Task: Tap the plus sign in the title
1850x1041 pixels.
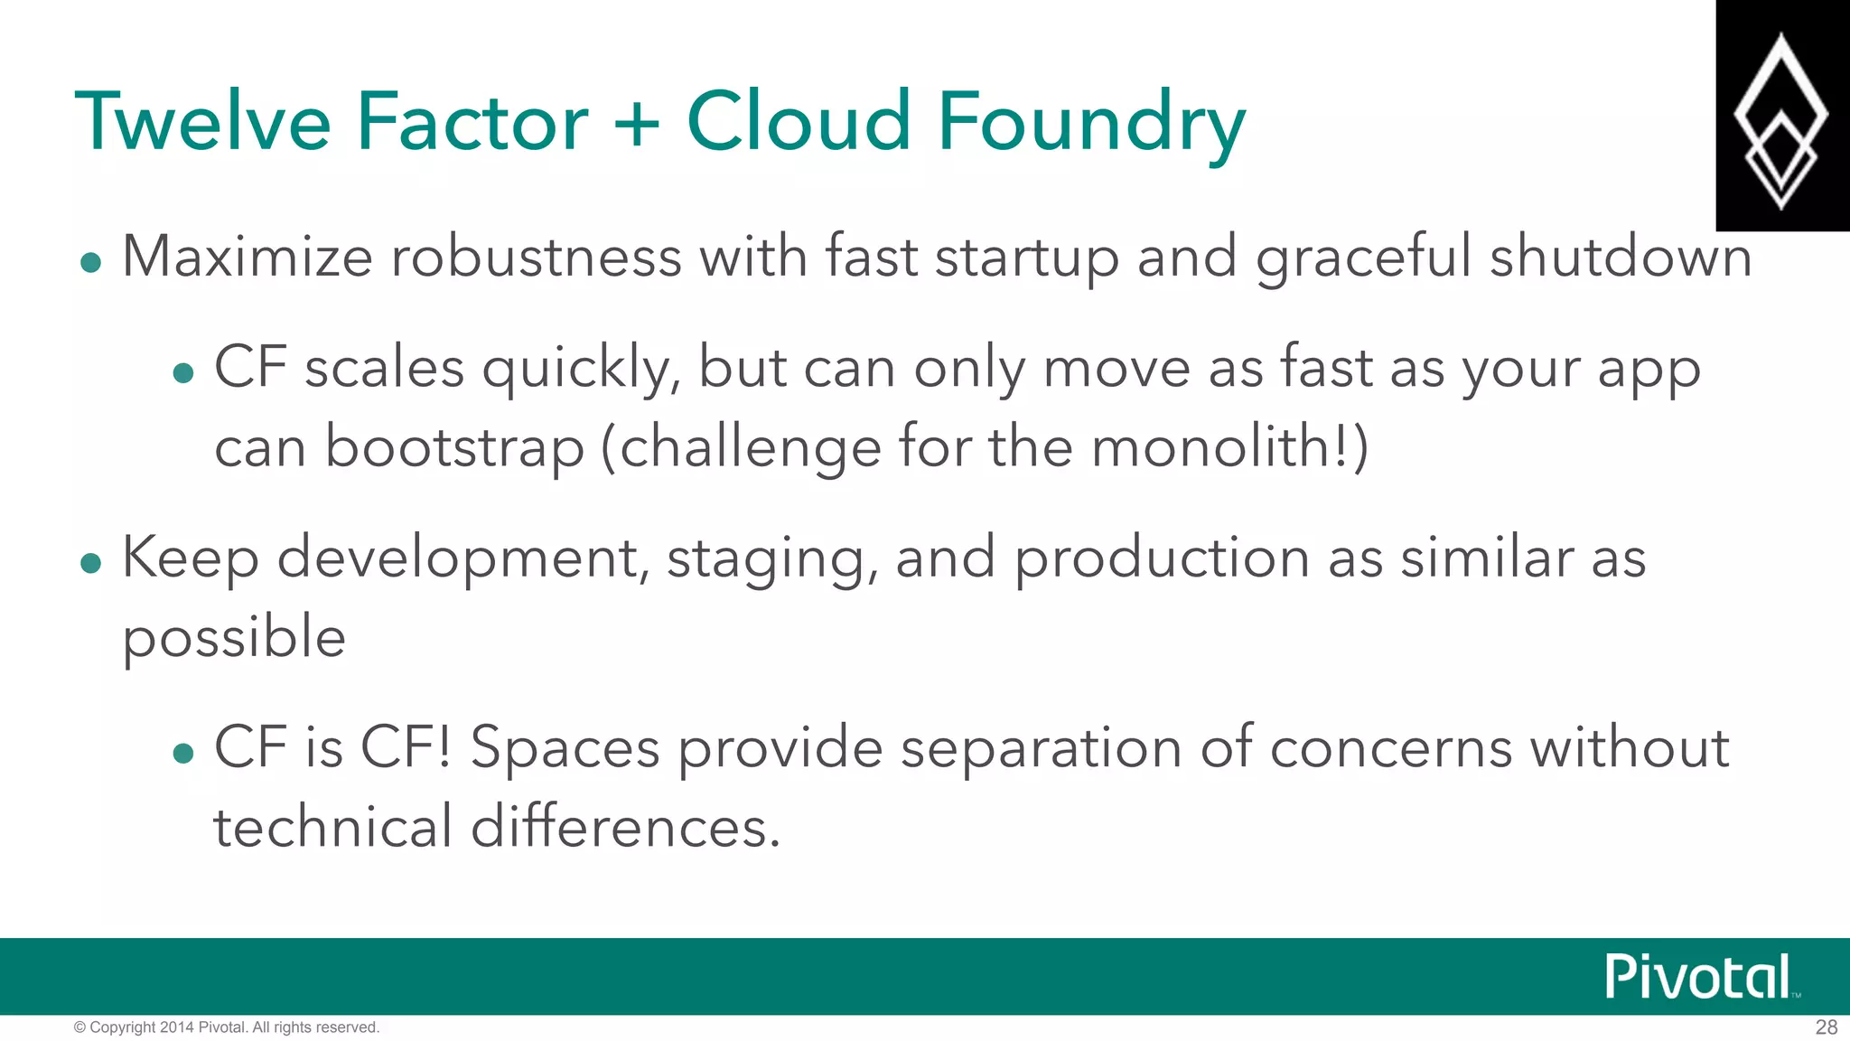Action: [637, 124]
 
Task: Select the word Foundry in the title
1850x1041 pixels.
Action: [1091, 124]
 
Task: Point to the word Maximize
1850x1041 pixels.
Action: [247, 257]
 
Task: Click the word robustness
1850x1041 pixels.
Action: [536, 257]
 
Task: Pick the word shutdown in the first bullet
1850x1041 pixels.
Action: [1621, 257]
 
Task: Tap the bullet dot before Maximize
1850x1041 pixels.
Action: [90, 263]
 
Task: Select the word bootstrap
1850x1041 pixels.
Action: [453, 448]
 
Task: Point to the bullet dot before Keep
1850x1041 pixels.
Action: [90, 564]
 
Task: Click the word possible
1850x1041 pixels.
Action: [234, 638]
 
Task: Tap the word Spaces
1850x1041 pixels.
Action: [565, 749]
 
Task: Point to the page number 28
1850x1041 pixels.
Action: [1826, 1027]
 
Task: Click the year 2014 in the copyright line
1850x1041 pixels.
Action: [176, 1027]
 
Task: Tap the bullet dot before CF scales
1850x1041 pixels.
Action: [183, 373]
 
